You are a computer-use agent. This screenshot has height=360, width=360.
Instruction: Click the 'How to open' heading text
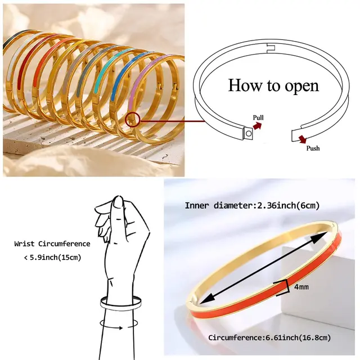coord(273,86)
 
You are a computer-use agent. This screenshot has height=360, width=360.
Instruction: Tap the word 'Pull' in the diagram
coord(258,118)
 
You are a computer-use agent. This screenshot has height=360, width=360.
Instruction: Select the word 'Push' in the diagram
coord(313,148)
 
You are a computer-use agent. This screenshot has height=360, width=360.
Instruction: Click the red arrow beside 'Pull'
coord(257,127)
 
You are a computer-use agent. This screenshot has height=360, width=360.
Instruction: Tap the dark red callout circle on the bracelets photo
coord(133,119)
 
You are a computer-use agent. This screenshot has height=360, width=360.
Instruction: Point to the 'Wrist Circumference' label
coord(52,244)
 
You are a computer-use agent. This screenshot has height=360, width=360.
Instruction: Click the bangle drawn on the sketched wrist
coord(120,304)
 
